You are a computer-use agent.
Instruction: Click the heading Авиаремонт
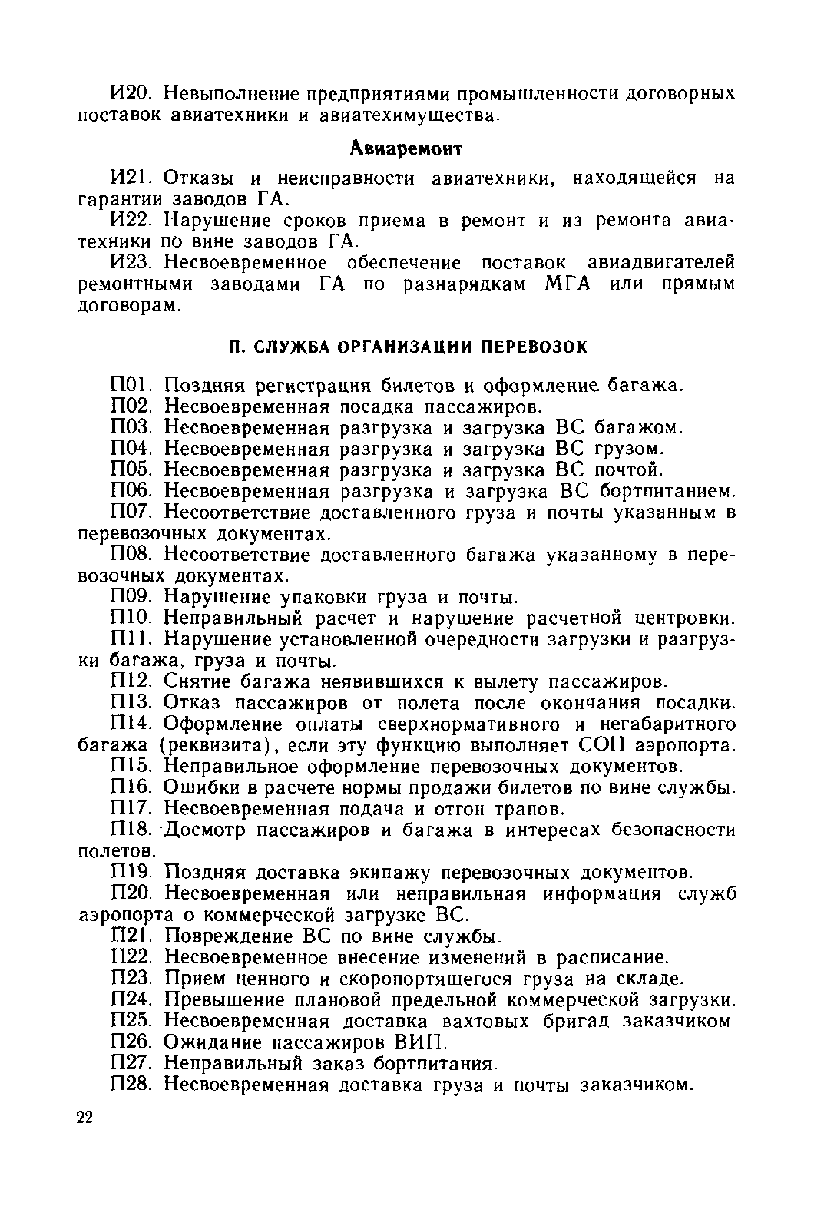pyautogui.click(x=406, y=150)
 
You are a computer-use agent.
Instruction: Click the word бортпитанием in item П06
pyautogui.click(x=668, y=491)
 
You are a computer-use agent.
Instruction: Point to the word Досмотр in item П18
pyautogui.click(x=205, y=831)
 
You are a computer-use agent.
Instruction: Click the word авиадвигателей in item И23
pyautogui.click(x=661, y=263)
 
